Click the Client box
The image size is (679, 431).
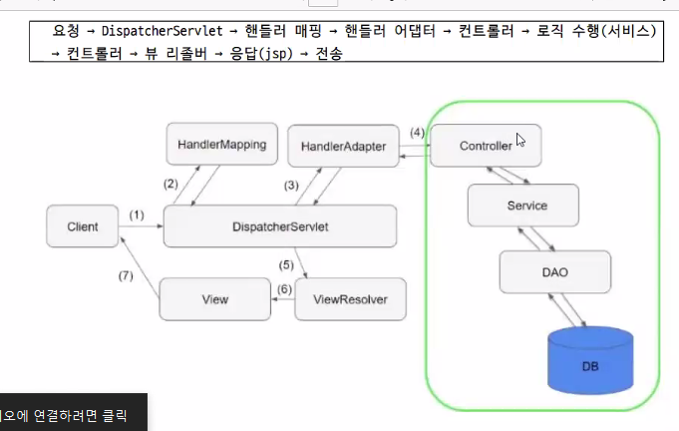click(83, 226)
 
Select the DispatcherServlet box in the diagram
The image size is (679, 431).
click(279, 226)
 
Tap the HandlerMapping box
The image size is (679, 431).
click(222, 146)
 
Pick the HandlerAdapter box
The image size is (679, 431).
click(343, 147)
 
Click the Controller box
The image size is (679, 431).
click(486, 146)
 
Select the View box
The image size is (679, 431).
click(214, 299)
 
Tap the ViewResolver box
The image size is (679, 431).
click(351, 299)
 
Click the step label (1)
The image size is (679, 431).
click(137, 215)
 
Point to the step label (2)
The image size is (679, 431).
click(170, 184)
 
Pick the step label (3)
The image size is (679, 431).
click(291, 185)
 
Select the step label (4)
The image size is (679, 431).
click(417, 133)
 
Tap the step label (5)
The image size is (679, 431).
click(286, 264)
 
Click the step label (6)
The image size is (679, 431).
click(283, 289)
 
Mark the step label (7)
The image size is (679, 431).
click(126, 274)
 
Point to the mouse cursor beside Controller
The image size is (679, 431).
click(520, 140)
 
